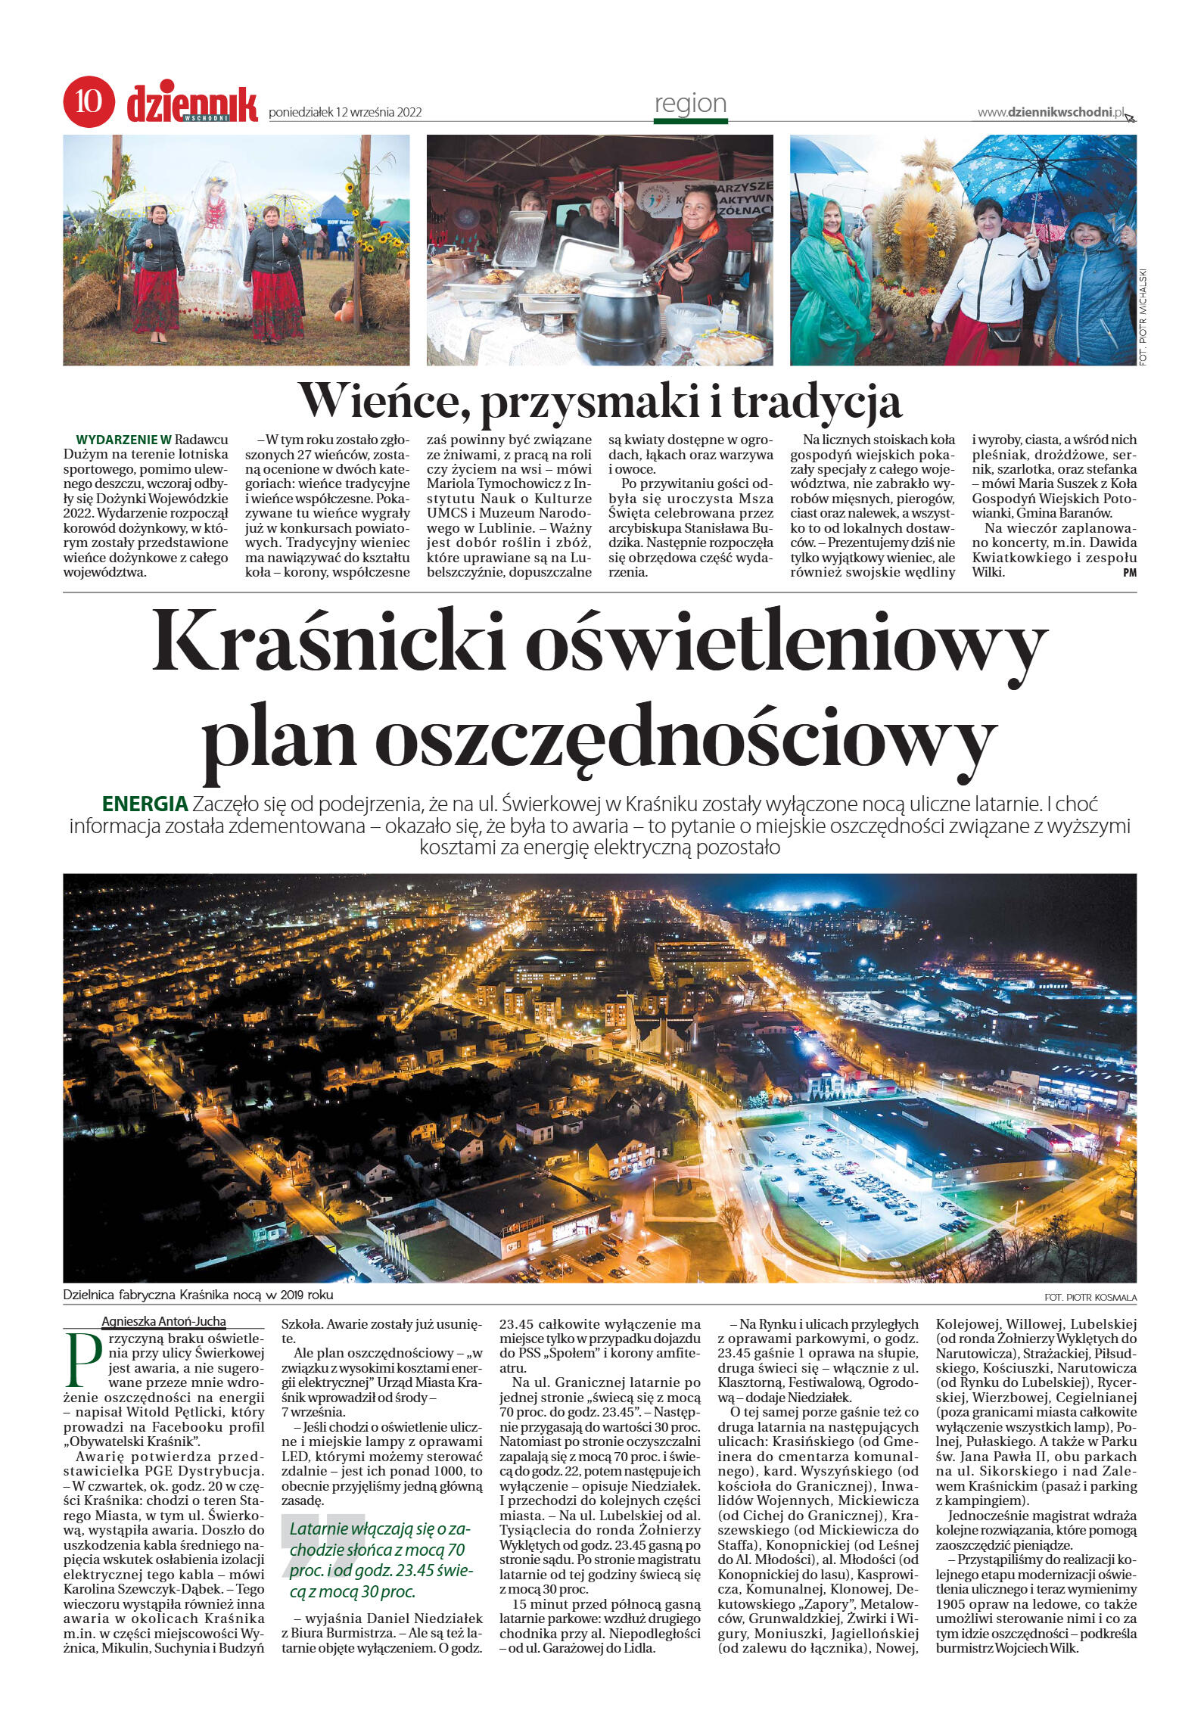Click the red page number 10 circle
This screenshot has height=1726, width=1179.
(89, 101)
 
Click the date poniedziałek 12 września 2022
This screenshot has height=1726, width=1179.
(345, 113)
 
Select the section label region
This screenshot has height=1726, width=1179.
(689, 104)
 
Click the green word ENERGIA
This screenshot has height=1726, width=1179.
(145, 804)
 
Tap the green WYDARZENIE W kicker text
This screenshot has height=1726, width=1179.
(124, 439)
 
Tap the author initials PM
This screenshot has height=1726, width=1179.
(1130, 574)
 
